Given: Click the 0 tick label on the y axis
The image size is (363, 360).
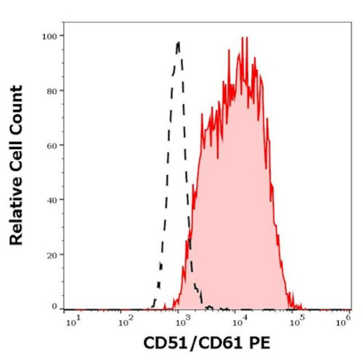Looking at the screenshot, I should tap(54, 306).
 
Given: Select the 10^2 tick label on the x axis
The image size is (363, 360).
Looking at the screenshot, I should tap(126, 320).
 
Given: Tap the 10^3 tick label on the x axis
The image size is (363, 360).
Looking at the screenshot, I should tap(180, 320).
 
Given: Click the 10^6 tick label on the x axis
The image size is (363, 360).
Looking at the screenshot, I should tap(346, 320).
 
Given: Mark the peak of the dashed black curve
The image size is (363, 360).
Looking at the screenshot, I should tap(178, 42).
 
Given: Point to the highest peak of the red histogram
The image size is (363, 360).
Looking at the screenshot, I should tap(243, 38).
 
